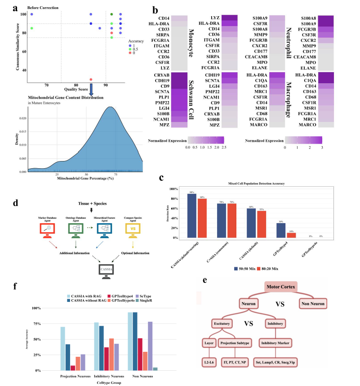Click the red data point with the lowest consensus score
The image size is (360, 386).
click(91, 80)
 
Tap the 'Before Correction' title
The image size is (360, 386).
click(42, 8)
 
